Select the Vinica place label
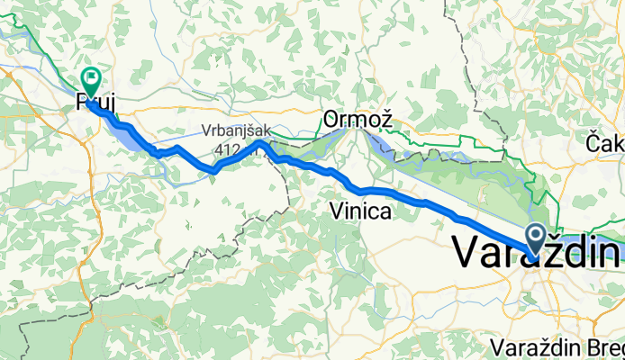360,212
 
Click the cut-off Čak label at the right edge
605,142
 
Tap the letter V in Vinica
337,212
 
